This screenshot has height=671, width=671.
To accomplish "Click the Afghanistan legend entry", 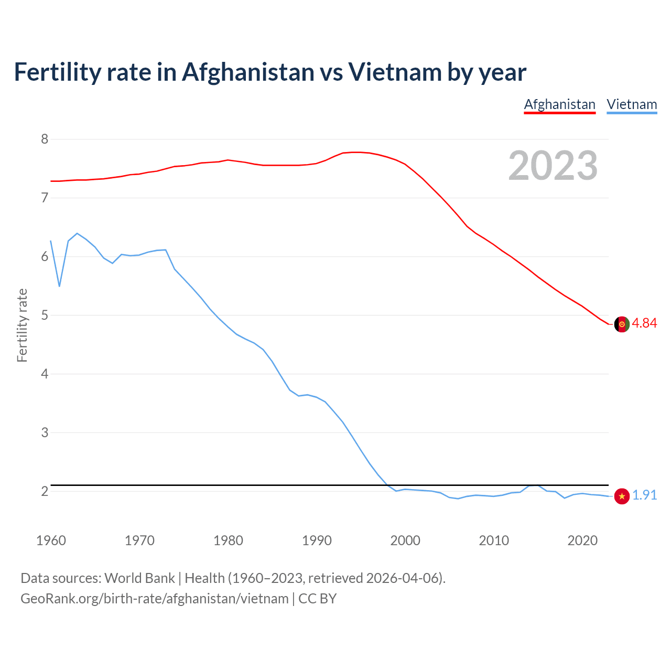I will tap(559, 104).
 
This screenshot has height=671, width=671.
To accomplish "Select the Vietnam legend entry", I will tap(632, 104).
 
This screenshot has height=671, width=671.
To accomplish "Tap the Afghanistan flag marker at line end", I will tap(621, 324).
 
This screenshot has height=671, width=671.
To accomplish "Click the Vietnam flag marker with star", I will tap(621, 496).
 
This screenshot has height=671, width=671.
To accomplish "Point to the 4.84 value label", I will tap(644, 323).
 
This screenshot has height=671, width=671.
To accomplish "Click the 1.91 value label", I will tap(644, 495).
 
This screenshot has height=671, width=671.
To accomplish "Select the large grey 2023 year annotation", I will tap(553, 166).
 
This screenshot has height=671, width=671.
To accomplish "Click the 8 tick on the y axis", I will tap(45, 139).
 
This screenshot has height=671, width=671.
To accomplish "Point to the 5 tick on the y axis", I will tap(45, 315).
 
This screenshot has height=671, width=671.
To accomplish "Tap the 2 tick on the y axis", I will tap(45, 491).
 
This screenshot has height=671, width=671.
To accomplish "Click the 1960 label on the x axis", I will tap(51, 540).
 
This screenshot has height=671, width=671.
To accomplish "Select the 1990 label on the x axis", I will tap(317, 540).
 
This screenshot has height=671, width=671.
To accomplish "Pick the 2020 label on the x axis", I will tap(582, 540).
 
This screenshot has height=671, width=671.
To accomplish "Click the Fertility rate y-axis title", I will tap(22, 325).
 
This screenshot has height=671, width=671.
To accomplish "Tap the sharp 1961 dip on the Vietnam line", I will tap(59, 286).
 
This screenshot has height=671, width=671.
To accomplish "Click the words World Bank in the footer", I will tap(139, 578).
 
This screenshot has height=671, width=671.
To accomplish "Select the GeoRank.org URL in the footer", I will tap(154, 599).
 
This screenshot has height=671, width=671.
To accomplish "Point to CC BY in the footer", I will tap(317, 599).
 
